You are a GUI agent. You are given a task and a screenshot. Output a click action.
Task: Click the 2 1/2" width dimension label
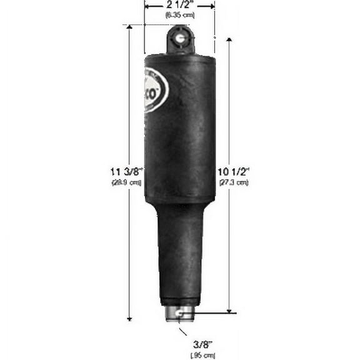[x=179, y=5]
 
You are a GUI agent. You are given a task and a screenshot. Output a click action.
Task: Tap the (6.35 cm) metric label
[x=179, y=14]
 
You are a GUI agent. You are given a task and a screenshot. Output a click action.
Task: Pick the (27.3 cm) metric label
[x=234, y=182]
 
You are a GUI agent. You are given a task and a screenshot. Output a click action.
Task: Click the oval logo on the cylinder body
[x=154, y=89]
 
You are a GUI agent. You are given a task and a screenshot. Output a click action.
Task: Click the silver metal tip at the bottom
[x=180, y=314]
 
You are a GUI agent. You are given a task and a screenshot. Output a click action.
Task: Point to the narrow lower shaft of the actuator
[x=179, y=256]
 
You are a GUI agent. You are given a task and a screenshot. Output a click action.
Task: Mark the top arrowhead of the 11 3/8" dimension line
[x=129, y=29]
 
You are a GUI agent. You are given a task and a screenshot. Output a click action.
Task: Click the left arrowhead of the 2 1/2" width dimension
[x=147, y=6]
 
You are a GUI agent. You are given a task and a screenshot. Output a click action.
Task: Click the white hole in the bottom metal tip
[x=179, y=314]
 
